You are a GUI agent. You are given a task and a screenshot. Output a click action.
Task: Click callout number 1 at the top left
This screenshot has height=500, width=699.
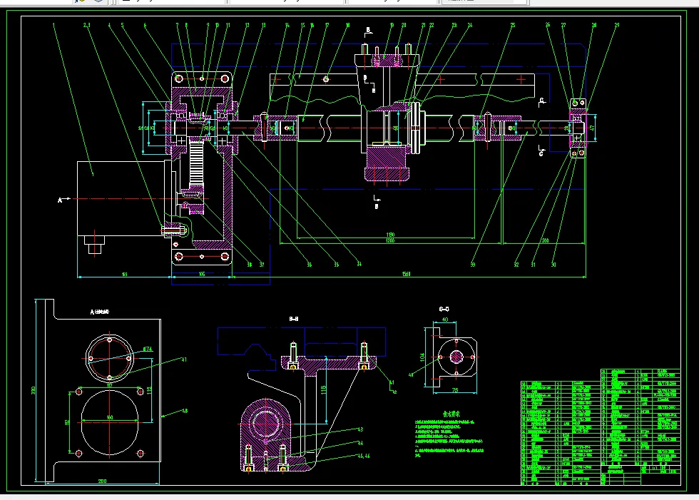54,25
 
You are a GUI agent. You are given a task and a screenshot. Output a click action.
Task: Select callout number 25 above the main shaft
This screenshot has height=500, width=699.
513,26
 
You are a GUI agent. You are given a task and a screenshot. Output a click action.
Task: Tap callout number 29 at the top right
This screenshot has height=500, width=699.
617,26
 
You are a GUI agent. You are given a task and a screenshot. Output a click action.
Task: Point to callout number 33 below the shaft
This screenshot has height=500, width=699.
472,265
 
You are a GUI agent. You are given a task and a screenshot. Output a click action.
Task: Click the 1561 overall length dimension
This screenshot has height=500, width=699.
406,274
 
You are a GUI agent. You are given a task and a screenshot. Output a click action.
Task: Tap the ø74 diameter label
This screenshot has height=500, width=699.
147,350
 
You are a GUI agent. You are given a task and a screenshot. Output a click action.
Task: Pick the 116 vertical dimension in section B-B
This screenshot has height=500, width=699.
323,389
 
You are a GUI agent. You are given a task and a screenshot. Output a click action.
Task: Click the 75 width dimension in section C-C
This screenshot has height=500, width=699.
456,391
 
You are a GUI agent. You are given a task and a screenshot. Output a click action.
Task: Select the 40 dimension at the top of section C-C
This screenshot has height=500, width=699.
446,320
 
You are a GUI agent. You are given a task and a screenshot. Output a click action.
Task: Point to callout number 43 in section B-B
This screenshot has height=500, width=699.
360,429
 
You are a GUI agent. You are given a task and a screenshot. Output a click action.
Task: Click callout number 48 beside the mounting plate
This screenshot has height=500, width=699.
185,411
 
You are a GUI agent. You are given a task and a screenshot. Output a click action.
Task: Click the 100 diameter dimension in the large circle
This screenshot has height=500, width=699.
110,417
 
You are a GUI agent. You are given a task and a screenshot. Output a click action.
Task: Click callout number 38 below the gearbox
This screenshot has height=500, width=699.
249,265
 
